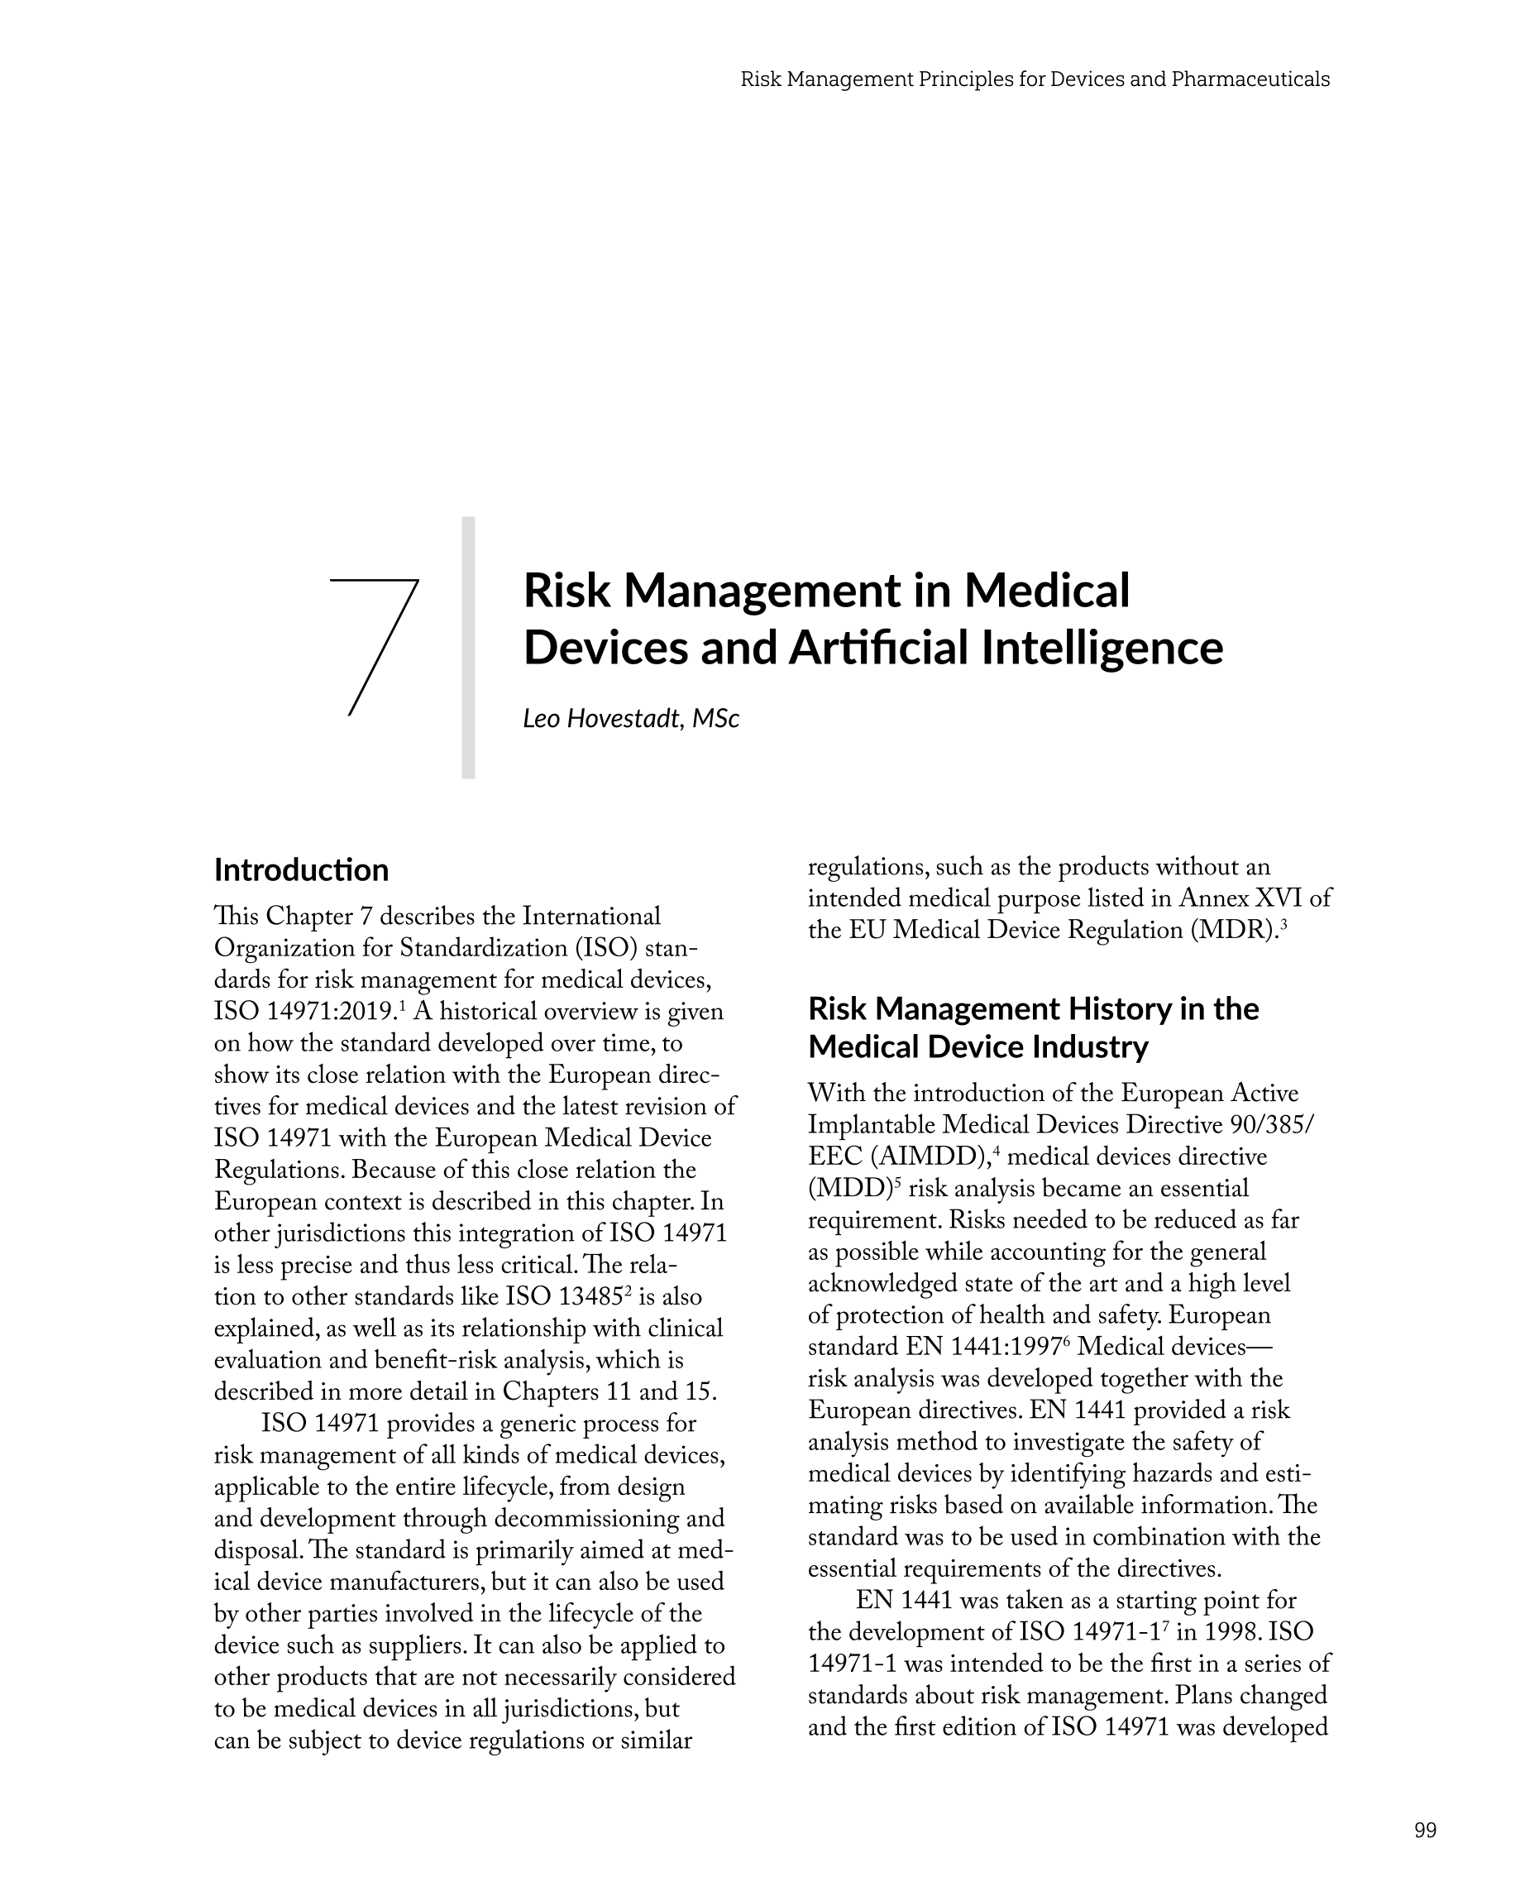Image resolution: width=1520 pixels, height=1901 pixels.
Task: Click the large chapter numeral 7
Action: click(374, 646)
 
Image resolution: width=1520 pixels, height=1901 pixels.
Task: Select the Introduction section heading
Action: click(302, 870)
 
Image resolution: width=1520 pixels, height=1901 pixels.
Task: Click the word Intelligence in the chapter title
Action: click(1102, 648)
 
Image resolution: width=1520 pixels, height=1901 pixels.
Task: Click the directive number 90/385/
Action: click(1270, 1125)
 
